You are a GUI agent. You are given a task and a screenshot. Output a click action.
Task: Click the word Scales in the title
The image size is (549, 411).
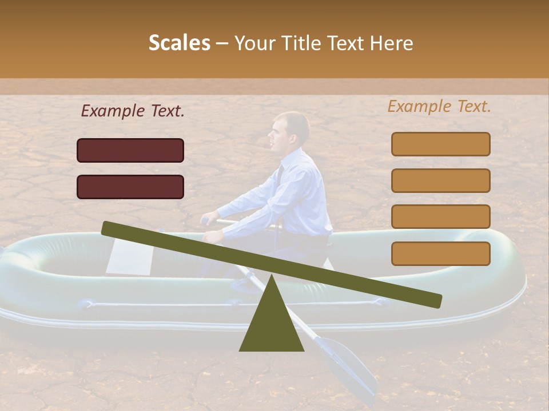coord(180,43)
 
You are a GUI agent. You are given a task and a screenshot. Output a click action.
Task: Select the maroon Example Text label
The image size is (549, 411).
coord(133,111)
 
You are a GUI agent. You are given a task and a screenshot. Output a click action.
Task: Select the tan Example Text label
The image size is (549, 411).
coord(439,106)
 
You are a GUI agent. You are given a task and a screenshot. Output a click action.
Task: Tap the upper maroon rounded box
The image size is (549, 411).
coord(130,150)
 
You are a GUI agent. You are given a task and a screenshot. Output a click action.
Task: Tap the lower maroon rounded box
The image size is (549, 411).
coord(130,187)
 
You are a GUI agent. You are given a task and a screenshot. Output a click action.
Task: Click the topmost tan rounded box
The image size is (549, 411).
coord(440,144)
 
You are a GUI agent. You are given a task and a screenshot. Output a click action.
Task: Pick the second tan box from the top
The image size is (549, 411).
coord(440,180)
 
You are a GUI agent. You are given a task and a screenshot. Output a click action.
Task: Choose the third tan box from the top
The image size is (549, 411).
coord(440,216)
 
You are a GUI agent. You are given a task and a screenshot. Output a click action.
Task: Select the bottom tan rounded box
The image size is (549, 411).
coord(440,253)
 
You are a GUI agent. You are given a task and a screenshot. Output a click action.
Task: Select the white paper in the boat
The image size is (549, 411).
coord(129,256)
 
